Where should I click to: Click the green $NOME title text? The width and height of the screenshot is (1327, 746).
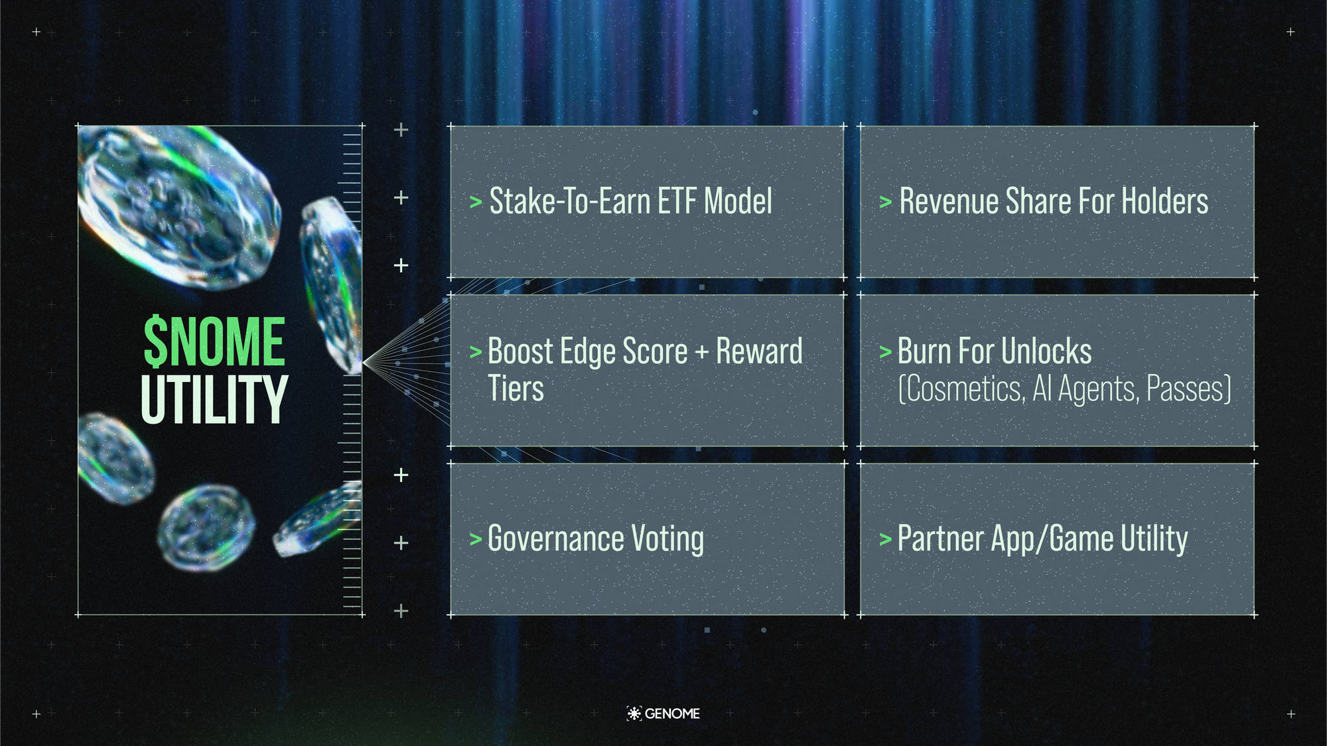coord(214,342)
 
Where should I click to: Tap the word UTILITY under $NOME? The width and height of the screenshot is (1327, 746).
coord(214,399)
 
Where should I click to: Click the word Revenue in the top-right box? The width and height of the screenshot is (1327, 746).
coord(948,201)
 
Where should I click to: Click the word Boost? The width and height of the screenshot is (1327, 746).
coord(520,351)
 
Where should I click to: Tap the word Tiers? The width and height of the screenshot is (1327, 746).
coord(516,389)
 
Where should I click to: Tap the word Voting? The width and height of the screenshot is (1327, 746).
coord(667,538)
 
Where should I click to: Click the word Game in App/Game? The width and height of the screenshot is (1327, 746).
coord(1079,538)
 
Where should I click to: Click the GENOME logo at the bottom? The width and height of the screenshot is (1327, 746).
coord(663,714)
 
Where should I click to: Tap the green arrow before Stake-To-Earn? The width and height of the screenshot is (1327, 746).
coord(476,202)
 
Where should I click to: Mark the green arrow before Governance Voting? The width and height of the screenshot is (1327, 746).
coord(475,539)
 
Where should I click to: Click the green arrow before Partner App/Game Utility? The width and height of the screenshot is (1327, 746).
coord(885,539)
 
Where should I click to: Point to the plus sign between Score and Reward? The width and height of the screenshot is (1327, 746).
coord(702,352)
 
